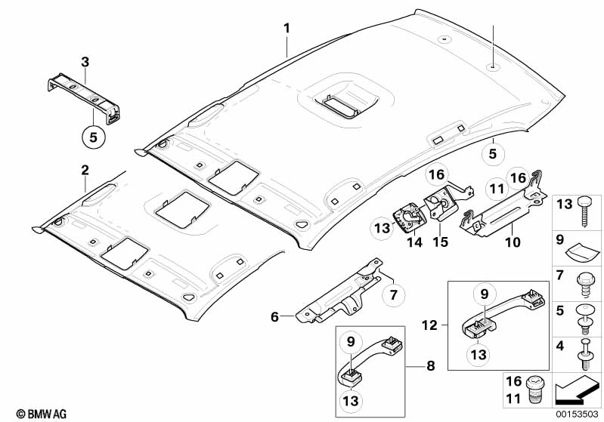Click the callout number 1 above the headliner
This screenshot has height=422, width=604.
pyautogui.click(x=287, y=28)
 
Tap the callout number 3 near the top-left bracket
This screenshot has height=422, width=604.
pyautogui.click(x=85, y=60)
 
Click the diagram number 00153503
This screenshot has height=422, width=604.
pyautogui.click(x=578, y=413)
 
